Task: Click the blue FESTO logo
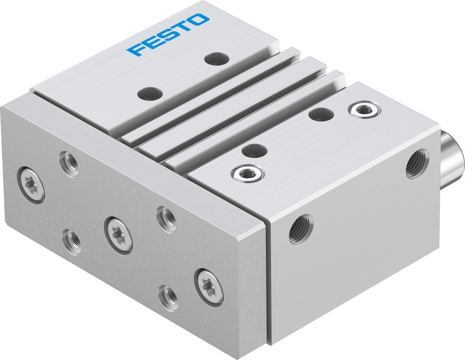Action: tap(168, 35)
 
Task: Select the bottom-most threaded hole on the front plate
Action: tap(168, 295)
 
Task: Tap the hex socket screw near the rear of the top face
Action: tap(364, 110)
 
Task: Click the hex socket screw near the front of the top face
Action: tap(248, 174)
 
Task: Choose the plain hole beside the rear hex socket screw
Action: tap(321, 114)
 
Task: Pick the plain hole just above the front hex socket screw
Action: tap(254, 151)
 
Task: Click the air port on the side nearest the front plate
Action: tap(300, 229)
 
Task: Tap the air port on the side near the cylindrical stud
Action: tap(417, 164)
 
